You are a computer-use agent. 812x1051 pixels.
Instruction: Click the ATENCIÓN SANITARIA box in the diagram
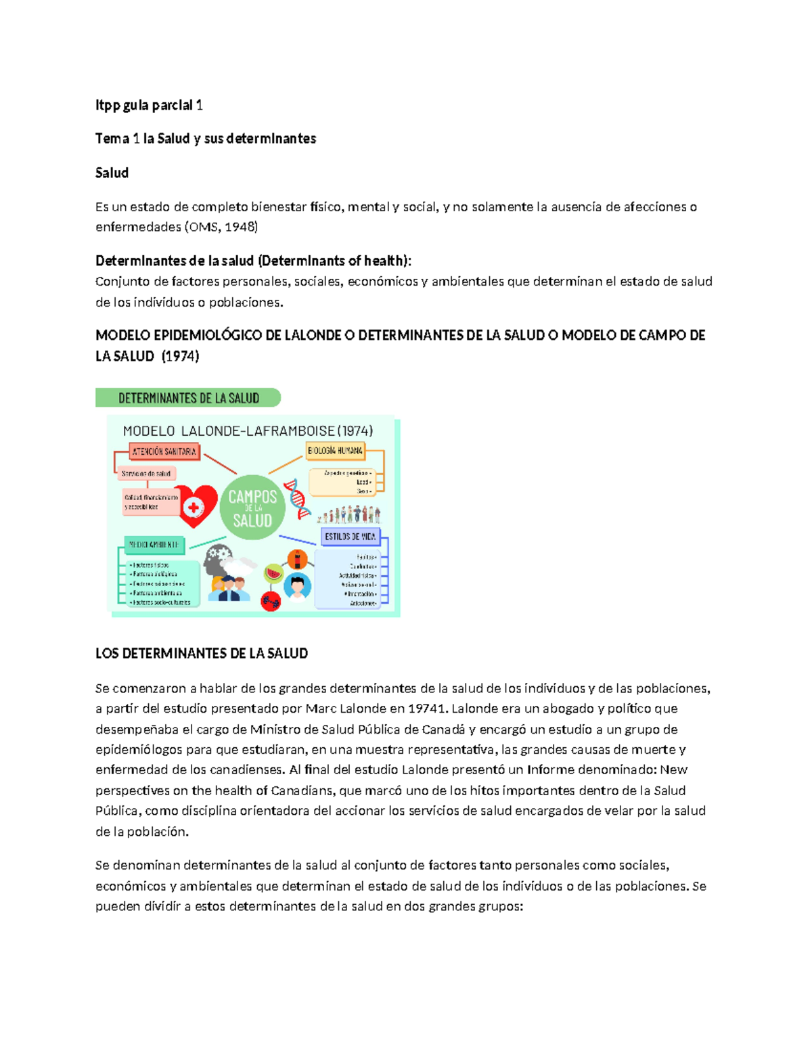pos(164,451)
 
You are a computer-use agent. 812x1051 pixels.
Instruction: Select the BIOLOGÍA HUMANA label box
pos(335,451)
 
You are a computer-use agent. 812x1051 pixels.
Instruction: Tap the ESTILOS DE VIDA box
pos(350,537)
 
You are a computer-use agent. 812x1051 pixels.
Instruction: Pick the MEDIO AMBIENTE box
pos(154,544)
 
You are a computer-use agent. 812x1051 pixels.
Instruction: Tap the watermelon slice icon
pos(273,573)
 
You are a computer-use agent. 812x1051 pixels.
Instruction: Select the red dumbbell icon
pos(271,600)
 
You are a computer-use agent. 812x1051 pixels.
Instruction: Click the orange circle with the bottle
pos(297,559)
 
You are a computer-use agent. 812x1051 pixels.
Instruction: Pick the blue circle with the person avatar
pos(297,585)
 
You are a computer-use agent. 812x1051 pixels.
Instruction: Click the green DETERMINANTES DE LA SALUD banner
pos(188,398)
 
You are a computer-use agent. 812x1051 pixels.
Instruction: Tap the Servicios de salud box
pos(146,474)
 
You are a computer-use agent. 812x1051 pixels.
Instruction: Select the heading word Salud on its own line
pos(112,173)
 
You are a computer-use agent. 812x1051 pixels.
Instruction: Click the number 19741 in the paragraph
pos(427,709)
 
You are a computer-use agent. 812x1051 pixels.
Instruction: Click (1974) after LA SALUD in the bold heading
pos(180,357)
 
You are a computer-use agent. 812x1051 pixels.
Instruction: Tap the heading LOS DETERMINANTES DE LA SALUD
pos(202,654)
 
